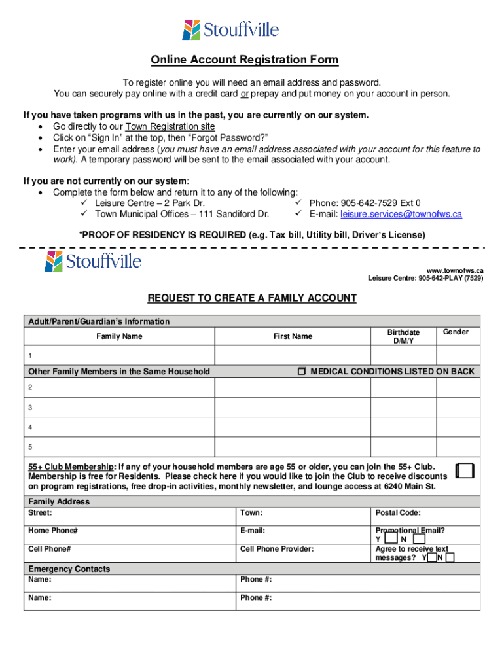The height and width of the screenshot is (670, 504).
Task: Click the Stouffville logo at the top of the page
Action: point(230,29)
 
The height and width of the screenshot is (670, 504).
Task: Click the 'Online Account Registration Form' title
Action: point(245,60)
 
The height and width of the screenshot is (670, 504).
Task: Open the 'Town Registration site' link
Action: point(170,126)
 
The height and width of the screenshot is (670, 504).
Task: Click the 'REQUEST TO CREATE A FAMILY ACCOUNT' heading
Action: point(252,298)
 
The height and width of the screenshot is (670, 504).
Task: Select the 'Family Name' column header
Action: point(119,336)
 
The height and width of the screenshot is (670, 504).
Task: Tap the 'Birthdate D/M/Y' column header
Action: point(403,336)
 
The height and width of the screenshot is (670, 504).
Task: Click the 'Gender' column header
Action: point(456,332)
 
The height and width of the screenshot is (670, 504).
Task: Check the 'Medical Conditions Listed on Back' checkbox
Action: point(301,372)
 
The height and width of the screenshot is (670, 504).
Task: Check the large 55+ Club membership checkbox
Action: point(464,471)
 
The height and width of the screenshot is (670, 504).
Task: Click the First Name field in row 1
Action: point(293,355)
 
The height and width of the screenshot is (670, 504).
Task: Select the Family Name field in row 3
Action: point(119,407)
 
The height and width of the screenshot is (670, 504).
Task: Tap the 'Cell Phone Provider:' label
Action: point(277,550)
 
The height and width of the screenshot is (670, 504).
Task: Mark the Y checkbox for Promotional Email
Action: point(390,539)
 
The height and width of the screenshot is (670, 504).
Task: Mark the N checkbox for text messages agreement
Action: point(450,558)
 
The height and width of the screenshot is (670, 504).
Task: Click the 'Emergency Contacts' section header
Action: point(69,569)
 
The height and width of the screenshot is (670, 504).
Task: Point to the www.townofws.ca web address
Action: point(455,270)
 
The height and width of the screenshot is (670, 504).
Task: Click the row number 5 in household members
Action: point(31,448)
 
